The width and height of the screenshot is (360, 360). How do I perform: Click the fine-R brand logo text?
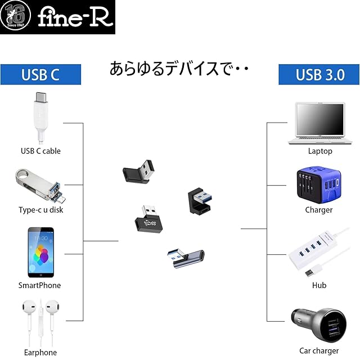(75, 17)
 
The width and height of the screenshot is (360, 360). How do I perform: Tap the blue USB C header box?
(40, 74)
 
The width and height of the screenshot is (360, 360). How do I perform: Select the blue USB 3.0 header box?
(319, 74)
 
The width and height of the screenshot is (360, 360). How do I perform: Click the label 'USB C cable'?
(40, 151)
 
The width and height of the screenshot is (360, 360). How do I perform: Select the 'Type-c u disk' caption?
(41, 210)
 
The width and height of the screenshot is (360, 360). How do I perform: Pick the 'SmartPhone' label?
(39, 285)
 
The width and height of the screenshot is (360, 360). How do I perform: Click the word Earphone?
(40, 353)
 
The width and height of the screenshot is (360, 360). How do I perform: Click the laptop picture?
(319, 124)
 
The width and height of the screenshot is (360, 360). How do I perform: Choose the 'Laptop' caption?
(320, 151)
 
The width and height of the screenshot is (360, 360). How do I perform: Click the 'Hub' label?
(319, 285)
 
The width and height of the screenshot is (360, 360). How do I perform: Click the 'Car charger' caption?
(319, 351)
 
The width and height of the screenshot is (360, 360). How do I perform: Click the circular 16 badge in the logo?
(17, 17)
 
